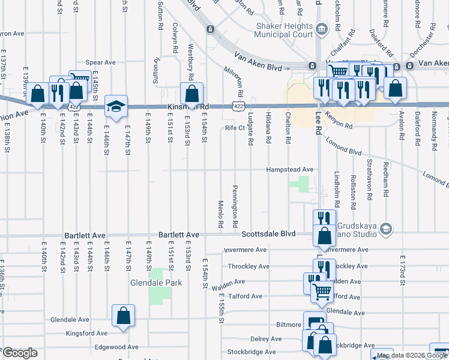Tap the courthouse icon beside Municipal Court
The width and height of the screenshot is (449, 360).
[x=321, y=28]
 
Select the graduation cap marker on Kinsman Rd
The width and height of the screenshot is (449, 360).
[x=116, y=106]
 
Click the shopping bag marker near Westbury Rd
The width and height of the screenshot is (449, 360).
[x=191, y=94]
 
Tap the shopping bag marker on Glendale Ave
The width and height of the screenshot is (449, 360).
[x=123, y=316]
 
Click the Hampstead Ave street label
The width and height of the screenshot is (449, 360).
[x=291, y=170]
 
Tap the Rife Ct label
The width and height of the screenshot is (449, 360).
[x=235, y=127]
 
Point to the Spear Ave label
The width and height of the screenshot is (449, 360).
[x=100, y=62]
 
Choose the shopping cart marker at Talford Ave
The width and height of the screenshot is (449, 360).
[x=322, y=292]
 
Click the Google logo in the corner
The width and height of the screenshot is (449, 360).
[x=20, y=353]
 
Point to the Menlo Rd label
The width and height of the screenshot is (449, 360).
[x=221, y=214]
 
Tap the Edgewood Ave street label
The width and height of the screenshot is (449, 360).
[x=116, y=347]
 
